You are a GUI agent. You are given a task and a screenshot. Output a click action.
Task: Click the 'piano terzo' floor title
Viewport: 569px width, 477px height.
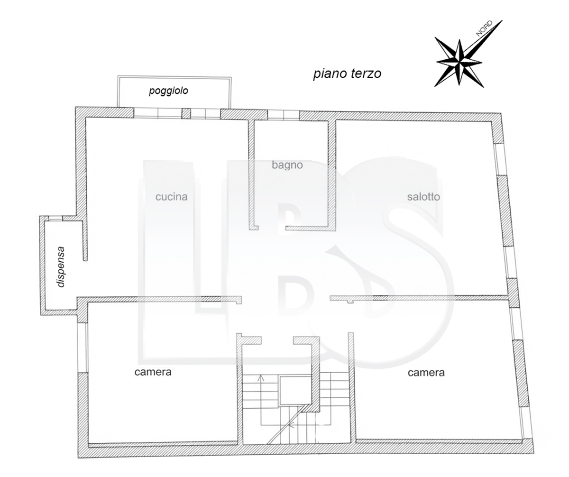[347, 74]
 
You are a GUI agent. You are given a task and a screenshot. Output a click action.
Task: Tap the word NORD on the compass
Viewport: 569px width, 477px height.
[484, 28]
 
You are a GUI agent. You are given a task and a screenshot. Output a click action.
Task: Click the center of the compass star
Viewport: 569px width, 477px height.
[459, 62]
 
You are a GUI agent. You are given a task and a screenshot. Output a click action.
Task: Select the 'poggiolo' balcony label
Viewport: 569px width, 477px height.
[168, 91]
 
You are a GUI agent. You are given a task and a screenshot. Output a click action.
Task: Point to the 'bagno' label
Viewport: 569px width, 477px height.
[287, 165]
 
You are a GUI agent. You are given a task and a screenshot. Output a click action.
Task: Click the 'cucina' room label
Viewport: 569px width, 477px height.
[171, 196]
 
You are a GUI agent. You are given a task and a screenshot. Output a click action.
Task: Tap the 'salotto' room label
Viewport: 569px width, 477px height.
[423, 196]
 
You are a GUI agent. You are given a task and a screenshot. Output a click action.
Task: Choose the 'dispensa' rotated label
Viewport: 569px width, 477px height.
[61, 267]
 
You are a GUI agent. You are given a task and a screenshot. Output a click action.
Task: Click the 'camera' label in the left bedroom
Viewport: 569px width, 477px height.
[153, 372]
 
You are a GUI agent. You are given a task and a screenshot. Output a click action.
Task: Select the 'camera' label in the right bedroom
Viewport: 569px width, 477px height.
[426, 372]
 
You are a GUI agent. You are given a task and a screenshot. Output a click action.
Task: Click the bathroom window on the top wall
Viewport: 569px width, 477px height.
[284, 115]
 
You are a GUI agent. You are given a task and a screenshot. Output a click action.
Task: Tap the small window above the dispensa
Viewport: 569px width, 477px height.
[55, 218]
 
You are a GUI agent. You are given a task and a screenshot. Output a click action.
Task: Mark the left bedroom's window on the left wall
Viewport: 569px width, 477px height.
[83, 348]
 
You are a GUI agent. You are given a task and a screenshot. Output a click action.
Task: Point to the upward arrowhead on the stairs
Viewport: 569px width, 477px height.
[261, 378]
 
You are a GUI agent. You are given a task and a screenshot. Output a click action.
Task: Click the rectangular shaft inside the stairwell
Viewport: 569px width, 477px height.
[296, 391]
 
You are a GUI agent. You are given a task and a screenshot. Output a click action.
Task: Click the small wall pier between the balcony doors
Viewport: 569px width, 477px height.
[186, 113]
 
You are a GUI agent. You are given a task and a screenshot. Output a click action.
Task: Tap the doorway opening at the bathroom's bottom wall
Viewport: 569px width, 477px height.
[272, 228]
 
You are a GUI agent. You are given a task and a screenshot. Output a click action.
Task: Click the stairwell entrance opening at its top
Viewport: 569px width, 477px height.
[277, 340]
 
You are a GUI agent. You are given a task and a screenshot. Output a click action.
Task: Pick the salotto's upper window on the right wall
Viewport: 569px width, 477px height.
[497, 159]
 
